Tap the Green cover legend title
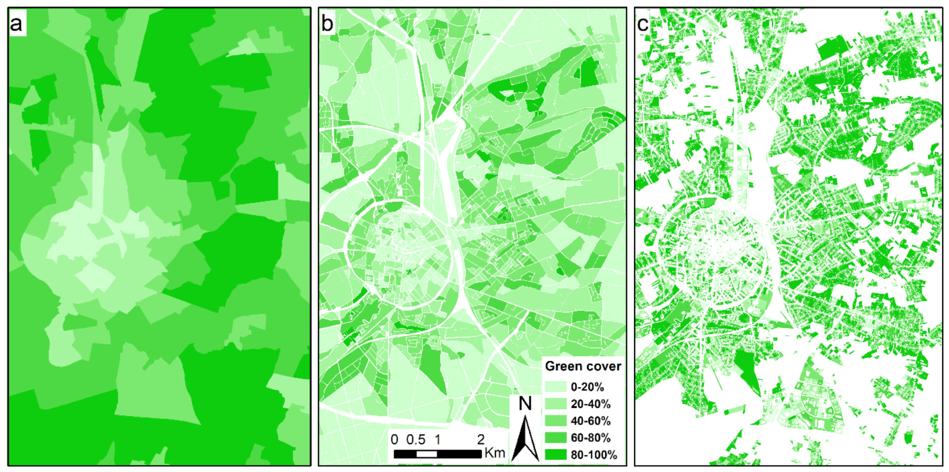[x=583, y=366]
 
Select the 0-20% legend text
[x=587, y=387]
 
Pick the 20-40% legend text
[x=590, y=404]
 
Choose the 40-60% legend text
[x=590, y=421]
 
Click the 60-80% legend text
[x=590, y=438]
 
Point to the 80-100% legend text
[x=593, y=455]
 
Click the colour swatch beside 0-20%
[x=555, y=387]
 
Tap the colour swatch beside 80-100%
[x=555, y=455]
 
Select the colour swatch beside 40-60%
[x=555, y=421]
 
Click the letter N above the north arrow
[x=525, y=403]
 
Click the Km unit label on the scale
[x=494, y=453]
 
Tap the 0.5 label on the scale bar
[x=416, y=439]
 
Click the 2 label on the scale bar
[x=481, y=439]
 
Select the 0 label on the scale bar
[x=394, y=439]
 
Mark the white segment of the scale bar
[x=427, y=454]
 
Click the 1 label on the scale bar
[x=437, y=439]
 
